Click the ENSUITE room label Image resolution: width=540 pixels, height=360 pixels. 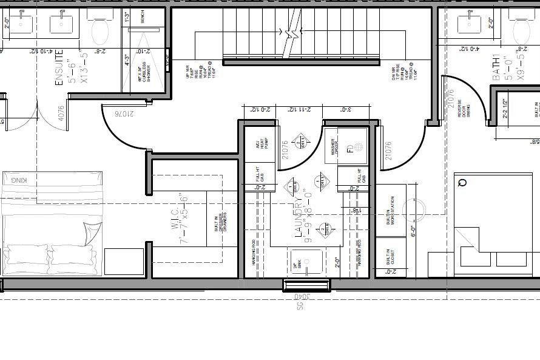coord(59,72)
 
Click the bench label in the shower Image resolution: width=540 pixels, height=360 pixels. coord(142,18)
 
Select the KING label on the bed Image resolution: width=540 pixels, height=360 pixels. coord(19,180)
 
